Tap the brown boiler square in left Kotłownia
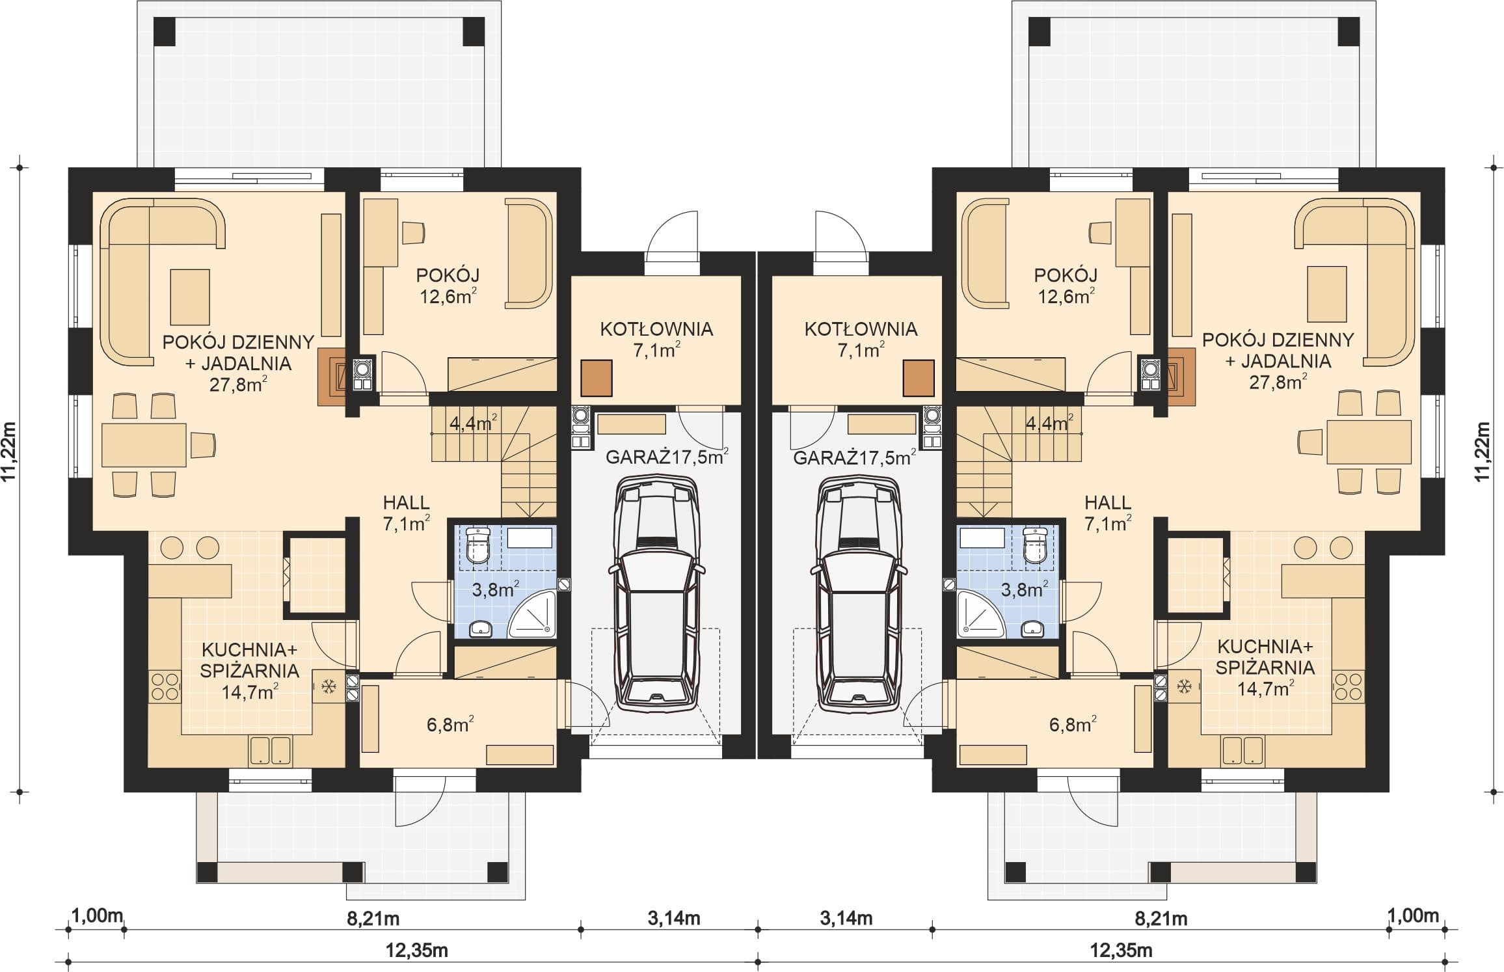(596, 378)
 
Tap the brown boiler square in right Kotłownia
(919, 378)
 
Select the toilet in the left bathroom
(478, 545)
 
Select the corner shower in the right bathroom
(982, 613)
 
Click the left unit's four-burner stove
(165, 687)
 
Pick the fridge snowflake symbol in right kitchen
(1185, 686)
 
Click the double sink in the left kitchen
(270, 751)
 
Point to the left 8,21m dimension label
(373, 919)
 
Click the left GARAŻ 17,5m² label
(667, 457)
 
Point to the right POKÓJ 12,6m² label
(1066, 286)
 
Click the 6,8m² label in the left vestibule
(450, 724)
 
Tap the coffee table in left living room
(190, 297)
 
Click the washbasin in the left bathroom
(481, 628)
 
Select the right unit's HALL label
(1108, 502)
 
